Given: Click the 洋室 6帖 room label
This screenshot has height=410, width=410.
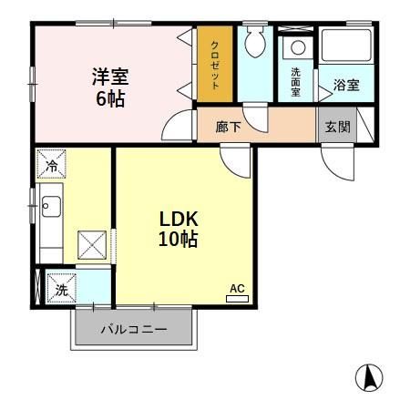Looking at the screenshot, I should pos(108,87).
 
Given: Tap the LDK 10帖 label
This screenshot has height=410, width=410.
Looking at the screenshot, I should pos(179,229).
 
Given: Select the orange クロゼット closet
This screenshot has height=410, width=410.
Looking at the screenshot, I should pos(215,65).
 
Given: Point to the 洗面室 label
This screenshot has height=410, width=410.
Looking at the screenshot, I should pos(297,82).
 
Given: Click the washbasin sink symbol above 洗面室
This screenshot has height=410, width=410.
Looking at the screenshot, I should pos(296,48).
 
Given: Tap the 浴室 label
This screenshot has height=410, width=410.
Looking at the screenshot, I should pos(345,86).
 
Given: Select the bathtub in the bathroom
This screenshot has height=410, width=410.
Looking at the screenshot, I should pos(347,45).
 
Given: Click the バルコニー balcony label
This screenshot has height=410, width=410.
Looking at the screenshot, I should pos(134,330).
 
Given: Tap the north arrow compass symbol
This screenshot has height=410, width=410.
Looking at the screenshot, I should pos(369,376).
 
